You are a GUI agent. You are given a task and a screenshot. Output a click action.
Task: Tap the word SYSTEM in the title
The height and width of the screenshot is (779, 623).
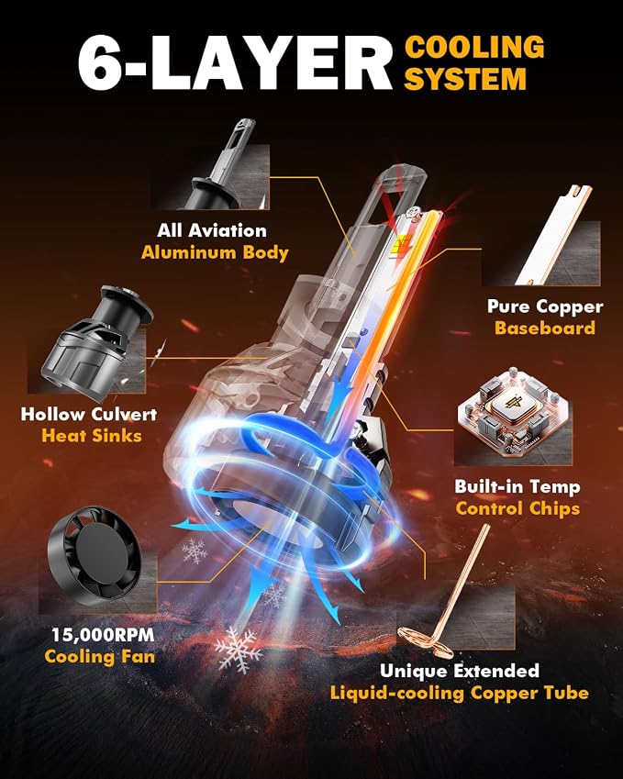tap(465, 79)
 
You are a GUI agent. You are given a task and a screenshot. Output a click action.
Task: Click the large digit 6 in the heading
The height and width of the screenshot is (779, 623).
tap(100, 64)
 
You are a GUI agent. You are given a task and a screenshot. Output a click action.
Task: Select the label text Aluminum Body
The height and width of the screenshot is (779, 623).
tap(215, 252)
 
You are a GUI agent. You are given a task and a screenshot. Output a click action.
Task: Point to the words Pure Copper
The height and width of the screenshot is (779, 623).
tap(545, 306)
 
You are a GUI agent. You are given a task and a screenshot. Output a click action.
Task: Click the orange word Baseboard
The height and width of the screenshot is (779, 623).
tap(544, 328)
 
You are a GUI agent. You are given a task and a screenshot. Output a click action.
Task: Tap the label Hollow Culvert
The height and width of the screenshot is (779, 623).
tap(89, 414)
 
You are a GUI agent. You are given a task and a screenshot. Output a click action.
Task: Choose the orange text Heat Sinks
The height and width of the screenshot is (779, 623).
tap(92, 435)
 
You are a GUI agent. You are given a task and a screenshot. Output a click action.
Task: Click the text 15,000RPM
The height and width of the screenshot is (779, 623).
tap(103, 634)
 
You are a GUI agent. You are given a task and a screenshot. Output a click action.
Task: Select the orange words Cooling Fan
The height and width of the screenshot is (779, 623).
tap(99, 656)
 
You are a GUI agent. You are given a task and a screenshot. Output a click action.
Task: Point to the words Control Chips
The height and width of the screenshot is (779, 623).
tap(517, 508)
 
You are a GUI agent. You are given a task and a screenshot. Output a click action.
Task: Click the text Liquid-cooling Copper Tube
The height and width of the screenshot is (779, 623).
tap(460, 693)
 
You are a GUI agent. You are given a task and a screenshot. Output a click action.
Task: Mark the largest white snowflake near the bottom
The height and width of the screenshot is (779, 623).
tap(239, 649)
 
